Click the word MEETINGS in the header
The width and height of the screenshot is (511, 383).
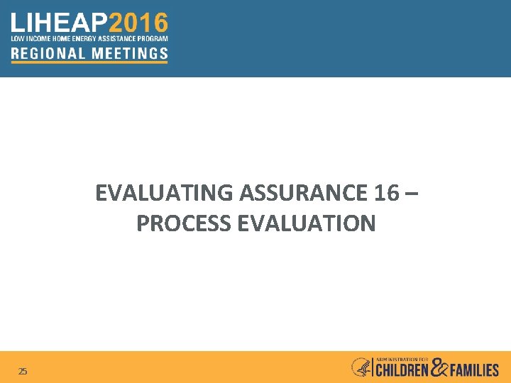point(128,52)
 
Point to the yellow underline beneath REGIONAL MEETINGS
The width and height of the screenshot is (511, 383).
point(89,62)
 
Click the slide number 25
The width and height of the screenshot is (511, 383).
point(23,371)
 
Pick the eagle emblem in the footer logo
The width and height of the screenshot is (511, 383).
point(361,367)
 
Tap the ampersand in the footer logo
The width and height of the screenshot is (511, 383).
point(440,367)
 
